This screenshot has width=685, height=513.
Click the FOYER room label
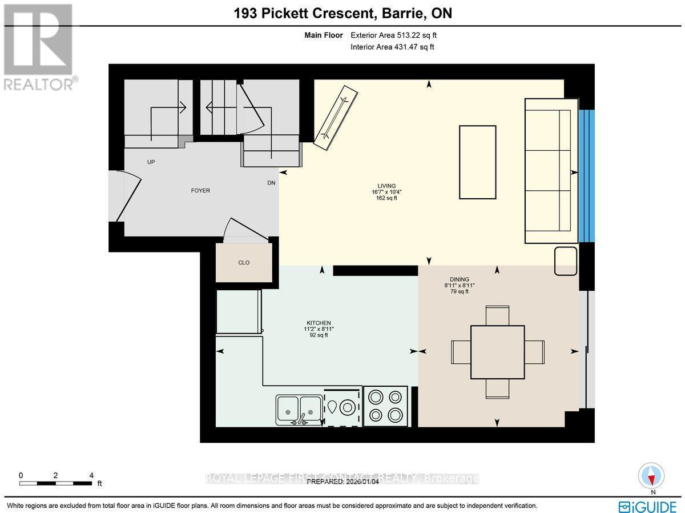click(x=200, y=191)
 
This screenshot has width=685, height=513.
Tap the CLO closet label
click(x=244, y=263)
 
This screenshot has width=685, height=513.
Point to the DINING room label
click(x=459, y=279)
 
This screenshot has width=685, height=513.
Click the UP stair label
click(x=151, y=162)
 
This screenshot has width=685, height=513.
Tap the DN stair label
click(x=271, y=183)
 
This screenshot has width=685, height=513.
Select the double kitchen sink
click(x=299, y=406)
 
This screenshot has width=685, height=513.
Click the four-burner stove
click(x=385, y=406)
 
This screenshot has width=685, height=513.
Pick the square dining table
click(x=497, y=352)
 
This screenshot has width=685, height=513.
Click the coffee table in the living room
click(x=477, y=162)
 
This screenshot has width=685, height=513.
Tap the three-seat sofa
click(x=550, y=171)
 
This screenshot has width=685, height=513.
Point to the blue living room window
click(x=587, y=175)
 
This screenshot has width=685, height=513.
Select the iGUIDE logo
click(x=647, y=506)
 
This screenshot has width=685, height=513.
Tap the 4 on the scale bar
click(x=91, y=475)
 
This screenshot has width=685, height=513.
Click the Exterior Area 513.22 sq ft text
click(x=393, y=35)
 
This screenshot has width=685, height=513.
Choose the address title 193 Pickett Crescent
click(x=342, y=13)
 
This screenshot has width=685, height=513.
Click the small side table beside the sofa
click(x=566, y=261)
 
